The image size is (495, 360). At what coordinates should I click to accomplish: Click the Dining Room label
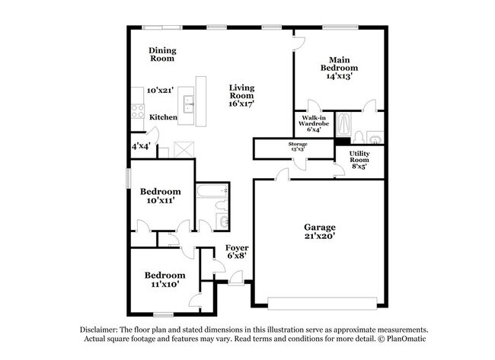162,54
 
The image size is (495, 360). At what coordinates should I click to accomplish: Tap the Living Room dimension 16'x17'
241,104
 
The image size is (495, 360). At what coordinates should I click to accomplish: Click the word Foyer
237,248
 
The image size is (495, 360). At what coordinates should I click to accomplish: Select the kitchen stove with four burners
138,110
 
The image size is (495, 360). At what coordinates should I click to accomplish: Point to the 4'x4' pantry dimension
140,145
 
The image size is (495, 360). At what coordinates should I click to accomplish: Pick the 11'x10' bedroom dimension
165,285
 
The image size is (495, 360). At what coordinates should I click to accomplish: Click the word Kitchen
163,117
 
